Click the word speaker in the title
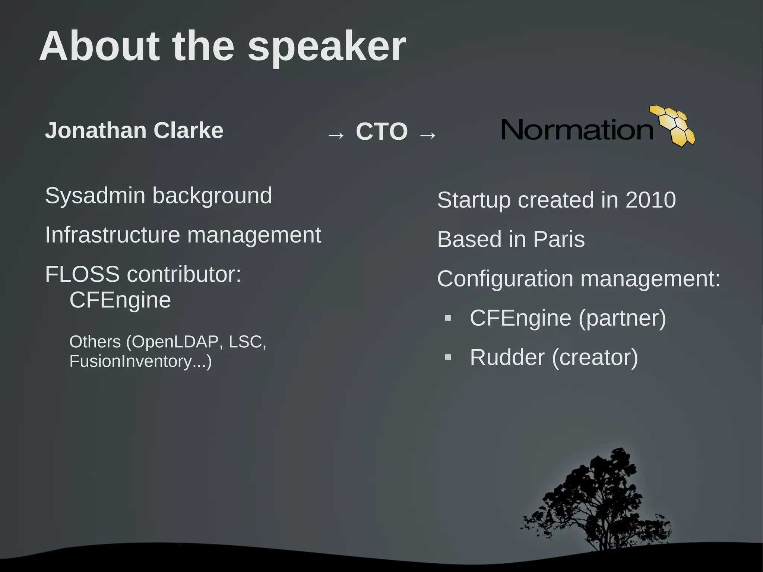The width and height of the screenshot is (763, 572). click(x=326, y=48)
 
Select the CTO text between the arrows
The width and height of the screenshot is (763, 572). click(x=381, y=132)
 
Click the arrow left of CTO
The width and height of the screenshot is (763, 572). click(x=336, y=135)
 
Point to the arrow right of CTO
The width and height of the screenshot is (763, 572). click(x=427, y=135)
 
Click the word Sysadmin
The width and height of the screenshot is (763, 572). click(x=95, y=196)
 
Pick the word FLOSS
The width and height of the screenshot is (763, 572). click(x=82, y=274)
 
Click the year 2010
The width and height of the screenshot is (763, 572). click(x=650, y=200)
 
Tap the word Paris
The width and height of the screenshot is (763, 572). click(x=558, y=239)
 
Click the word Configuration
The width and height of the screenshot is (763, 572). click(x=505, y=279)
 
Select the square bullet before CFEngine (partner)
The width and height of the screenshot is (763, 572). click(x=448, y=318)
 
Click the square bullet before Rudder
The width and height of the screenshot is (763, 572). click(x=448, y=358)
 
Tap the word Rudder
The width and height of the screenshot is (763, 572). click(x=507, y=357)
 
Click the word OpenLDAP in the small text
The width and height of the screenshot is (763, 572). click(x=175, y=342)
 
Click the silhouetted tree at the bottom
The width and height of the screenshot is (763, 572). click(x=596, y=503)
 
